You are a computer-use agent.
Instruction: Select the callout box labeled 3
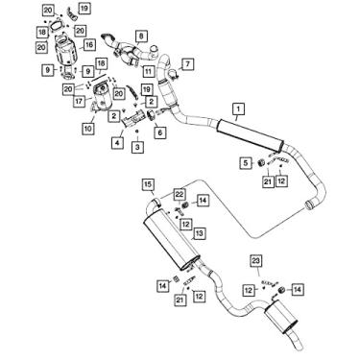[137, 146]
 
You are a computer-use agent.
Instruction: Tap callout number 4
[117, 142]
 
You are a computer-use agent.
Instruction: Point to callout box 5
[246, 160]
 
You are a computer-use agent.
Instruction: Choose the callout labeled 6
[159, 132]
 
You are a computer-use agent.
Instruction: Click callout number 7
[188, 63]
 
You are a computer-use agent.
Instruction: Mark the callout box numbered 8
[141, 37]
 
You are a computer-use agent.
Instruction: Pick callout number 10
[87, 128]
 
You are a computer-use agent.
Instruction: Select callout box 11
[149, 70]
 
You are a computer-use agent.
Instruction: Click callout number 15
[149, 183]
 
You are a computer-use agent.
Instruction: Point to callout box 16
[88, 43]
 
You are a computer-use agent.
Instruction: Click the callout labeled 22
[180, 194]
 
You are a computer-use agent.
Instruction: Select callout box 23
[255, 261]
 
